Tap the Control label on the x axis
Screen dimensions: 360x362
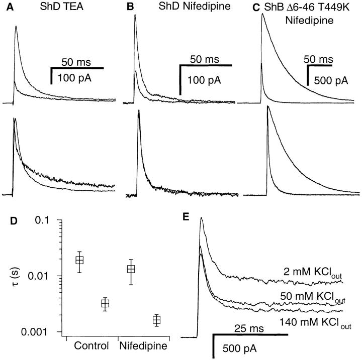[92, 346]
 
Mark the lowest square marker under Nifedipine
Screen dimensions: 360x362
[157, 320]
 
